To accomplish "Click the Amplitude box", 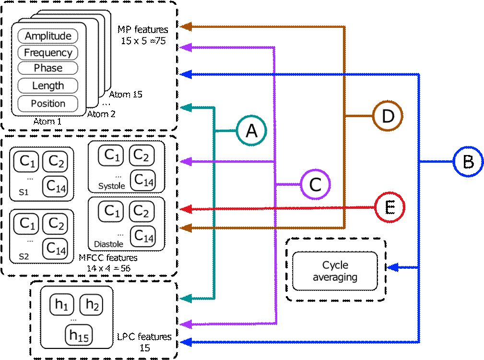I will point(48,36).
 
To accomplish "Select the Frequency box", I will point(48,53).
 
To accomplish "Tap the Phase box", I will point(48,68).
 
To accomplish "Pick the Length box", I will point(48,86).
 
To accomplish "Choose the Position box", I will point(48,103).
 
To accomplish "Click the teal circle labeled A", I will point(251,130).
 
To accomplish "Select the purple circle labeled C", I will point(316,184).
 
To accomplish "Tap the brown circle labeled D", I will point(388,116).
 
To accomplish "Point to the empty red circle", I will point(390,207).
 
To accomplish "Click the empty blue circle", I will point(468,162).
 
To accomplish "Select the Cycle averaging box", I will point(335,271).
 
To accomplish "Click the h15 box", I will point(79,336).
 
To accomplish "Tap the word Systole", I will point(111,186).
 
